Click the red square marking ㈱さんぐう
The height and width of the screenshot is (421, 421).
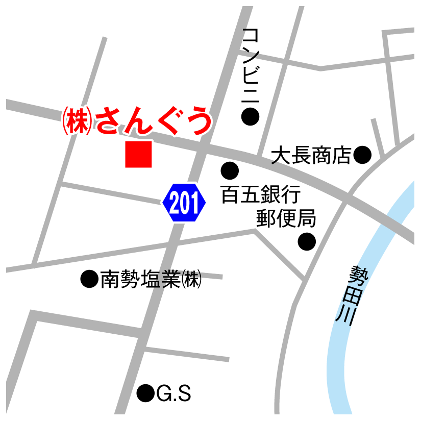pos(138,154)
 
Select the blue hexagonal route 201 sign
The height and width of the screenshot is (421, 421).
pos(184,203)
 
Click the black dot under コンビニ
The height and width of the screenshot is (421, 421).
pos(250,117)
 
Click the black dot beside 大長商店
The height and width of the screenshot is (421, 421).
pos(362,154)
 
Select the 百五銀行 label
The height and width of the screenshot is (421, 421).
pos(260,195)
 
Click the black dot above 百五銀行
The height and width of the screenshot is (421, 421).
pos(229,170)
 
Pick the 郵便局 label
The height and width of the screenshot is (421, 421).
pos(286,218)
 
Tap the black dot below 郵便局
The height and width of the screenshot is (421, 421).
pos(307,241)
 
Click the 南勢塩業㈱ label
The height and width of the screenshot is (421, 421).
pos(151,279)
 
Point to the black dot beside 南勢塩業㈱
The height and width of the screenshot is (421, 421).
pos(89,279)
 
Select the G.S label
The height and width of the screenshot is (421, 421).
pos(174,393)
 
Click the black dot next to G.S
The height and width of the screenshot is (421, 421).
pos(146,393)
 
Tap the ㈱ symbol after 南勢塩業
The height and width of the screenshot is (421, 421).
pos(192,279)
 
